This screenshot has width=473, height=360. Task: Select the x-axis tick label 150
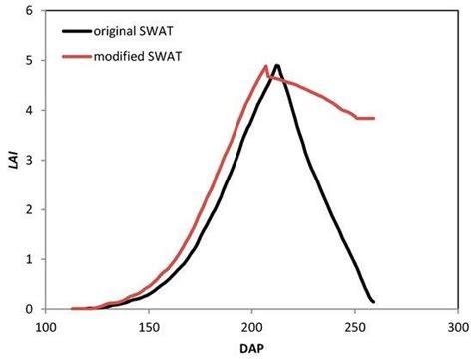coord(148,326)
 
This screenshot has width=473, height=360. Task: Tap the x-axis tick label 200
coord(250,326)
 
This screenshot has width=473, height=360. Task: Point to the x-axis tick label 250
coord(353,326)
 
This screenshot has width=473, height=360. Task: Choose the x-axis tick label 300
coord(456,326)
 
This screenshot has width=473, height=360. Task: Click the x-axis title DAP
coord(250,348)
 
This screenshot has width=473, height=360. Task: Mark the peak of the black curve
coord(276,65)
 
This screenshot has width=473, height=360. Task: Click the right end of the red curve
coord(374,118)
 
